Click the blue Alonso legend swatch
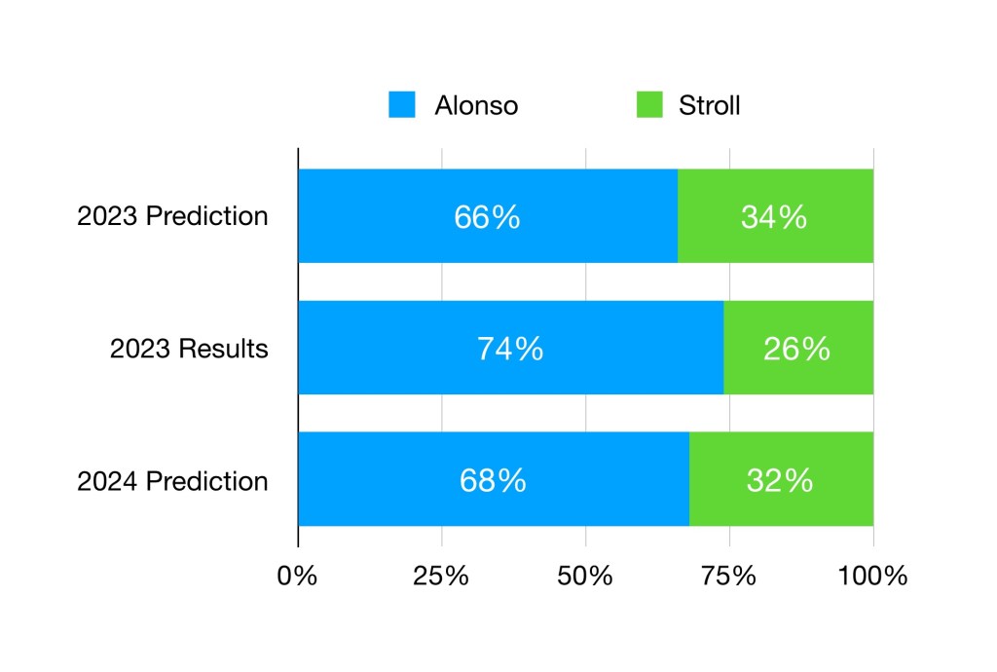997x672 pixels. tap(402, 104)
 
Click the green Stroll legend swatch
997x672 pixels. tap(649, 104)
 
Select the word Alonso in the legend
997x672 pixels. tap(476, 105)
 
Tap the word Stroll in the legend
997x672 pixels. tap(710, 105)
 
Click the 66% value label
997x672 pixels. tap(487, 216)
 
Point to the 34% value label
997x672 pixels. tap(774, 216)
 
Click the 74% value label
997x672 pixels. tap(509, 349)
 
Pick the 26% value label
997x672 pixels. tap(797, 349)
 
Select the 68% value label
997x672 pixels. tap(493, 480)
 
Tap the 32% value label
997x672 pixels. tap(780, 480)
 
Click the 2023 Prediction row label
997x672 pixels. tap(172, 216)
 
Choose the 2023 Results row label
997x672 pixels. tap(189, 349)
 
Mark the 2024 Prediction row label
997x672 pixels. tap(172, 481)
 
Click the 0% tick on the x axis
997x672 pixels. tap(297, 576)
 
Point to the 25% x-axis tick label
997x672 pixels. tap(442, 576)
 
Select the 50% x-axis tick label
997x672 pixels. tap(585, 576)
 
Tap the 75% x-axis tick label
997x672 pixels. tap(729, 576)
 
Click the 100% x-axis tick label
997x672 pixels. tap(872, 576)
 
